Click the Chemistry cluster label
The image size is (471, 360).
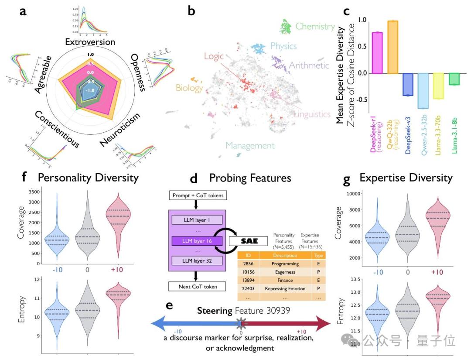click(315, 26)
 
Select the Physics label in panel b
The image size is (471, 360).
click(283, 46)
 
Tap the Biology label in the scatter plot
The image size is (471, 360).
click(190, 88)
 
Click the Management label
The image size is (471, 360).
click(250, 146)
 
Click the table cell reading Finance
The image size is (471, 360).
click(284, 280)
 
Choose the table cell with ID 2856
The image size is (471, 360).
click(249, 264)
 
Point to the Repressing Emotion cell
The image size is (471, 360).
click(284, 288)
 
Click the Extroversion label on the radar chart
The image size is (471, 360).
click(90, 42)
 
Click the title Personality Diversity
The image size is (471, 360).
click(88, 178)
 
